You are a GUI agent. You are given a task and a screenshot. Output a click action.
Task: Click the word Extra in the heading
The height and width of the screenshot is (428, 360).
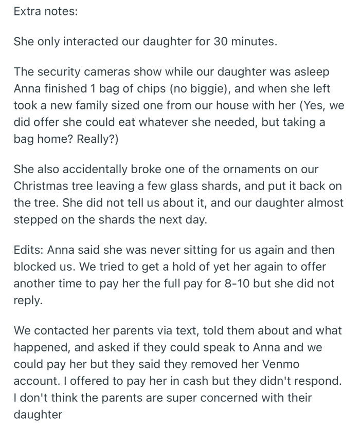point(27,11)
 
